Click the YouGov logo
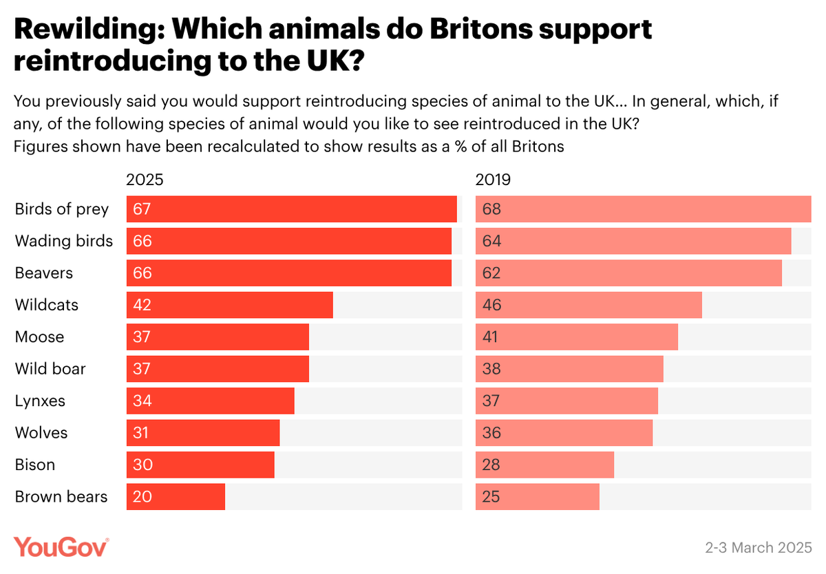click(61, 547)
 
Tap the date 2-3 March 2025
click(759, 549)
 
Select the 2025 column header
click(145, 180)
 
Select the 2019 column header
click(493, 180)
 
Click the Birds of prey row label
click(62, 209)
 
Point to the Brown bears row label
click(61, 497)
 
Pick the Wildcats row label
click(47, 305)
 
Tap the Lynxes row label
click(40, 401)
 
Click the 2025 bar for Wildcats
click(230, 305)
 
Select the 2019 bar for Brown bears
click(538, 497)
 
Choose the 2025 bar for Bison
click(200, 465)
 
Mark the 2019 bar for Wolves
click(564, 433)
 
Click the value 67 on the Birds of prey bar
click(142, 209)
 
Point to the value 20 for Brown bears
click(142, 497)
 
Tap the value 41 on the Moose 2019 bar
click(491, 337)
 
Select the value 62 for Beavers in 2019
click(491, 273)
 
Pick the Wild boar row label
click(50, 369)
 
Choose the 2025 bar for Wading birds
click(289, 241)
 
